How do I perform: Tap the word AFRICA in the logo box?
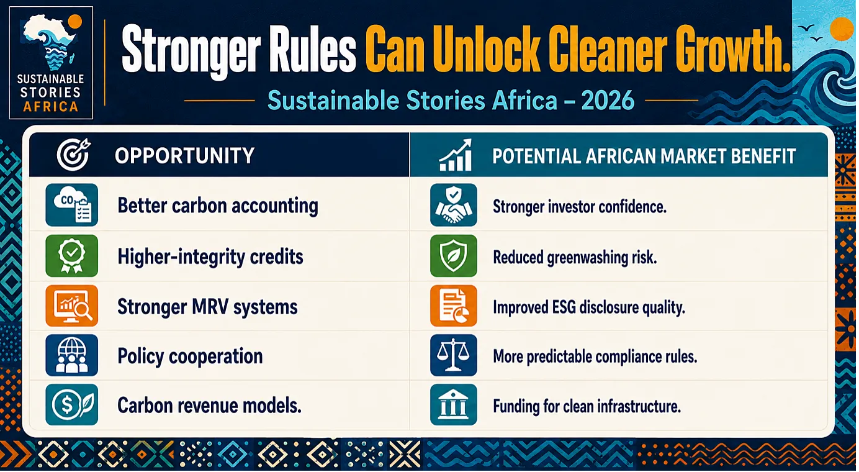tap(51, 107)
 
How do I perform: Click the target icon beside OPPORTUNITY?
tap(74, 154)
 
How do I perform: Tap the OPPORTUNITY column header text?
tap(184, 155)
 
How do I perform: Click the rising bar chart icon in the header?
tap(455, 155)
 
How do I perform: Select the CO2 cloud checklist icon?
tap(72, 205)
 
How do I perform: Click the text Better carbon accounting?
tap(218, 206)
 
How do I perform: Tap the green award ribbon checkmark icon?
tap(72, 256)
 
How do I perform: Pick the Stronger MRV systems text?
tap(207, 307)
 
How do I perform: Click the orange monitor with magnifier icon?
tap(72, 306)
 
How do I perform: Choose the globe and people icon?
tap(72, 355)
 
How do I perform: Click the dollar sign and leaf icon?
tap(72, 405)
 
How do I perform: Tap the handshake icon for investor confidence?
tap(454, 205)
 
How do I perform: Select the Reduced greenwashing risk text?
tap(575, 258)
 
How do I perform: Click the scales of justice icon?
tap(454, 355)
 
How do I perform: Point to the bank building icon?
tap(454, 405)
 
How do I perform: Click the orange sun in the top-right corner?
tap(842, 29)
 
